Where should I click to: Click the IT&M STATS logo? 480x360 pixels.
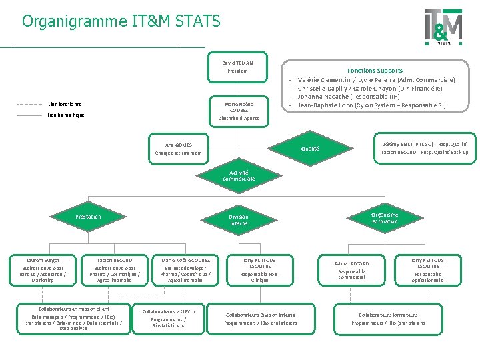point(443,27)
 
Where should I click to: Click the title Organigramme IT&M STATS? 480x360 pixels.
point(121,21)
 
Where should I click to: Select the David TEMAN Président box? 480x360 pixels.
point(237,67)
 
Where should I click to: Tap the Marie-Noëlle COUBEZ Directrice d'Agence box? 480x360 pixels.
point(239,111)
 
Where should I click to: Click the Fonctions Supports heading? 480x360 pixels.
point(375,70)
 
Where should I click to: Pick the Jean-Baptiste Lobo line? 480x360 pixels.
point(371,105)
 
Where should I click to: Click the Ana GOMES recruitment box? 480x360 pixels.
point(178,149)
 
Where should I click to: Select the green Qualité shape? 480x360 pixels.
point(310,149)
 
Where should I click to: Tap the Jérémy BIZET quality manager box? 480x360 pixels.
point(425,148)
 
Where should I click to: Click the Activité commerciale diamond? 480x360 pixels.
point(239,176)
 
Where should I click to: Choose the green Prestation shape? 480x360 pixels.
point(89,217)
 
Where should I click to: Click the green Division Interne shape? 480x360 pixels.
point(239,221)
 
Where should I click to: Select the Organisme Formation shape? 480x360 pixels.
point(385,218)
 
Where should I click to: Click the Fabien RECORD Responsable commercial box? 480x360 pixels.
point(351,270)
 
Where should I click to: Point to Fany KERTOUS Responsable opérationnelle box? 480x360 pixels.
point(427,270)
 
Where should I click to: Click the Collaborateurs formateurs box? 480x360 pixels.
point(388,319)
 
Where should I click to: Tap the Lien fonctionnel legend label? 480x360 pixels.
point(66,104)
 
